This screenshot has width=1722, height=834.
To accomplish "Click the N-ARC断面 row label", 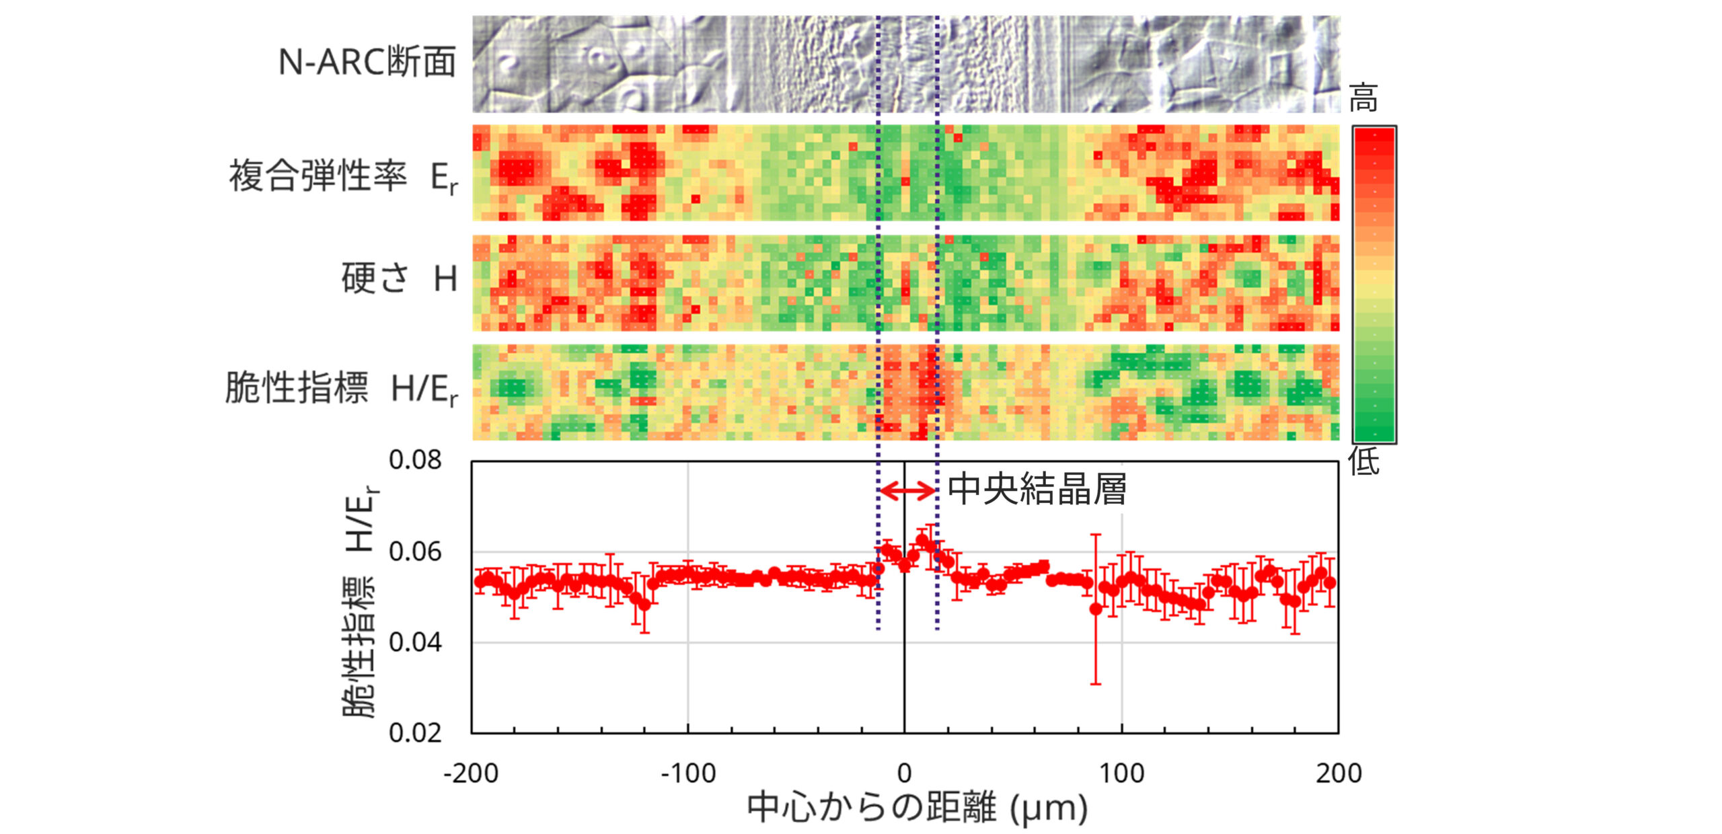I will pyautogui.click(x=367, y=63).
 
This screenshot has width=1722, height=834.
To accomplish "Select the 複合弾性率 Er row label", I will pyautogui.click(x=344, y=177).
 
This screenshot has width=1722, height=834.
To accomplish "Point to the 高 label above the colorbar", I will pyautogui.click(x=1363, y=98).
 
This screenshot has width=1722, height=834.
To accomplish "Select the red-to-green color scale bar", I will pyautogui.click(x=1374, y=285).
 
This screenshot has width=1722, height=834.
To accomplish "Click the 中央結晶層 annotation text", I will pyautogui.click(x=1037, y=489).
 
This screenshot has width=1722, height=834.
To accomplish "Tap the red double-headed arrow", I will pyautogui.click(x=907, y=491).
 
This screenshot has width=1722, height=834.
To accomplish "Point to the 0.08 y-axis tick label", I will pyautogui.click(x=415, y=460).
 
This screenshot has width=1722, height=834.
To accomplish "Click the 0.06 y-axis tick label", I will pyautogui.click(x=415, y=552).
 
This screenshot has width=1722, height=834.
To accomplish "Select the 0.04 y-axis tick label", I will pyautogui.click(x=415, y=642).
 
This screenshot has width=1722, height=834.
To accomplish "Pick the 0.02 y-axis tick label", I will pyautogui.click(x=415, y=732).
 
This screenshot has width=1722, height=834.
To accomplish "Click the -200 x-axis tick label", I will pyautogui.click(x=471, y=773).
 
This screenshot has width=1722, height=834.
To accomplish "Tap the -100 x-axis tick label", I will pyautogui.click(x=688, y=773).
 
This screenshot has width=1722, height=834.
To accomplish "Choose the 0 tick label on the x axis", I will pyautogui.click(x=905, y=773).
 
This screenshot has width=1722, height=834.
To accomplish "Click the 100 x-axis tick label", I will pyautogui.click(x=1121, y=773).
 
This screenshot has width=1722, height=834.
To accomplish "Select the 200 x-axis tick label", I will pyautogui.click(x=1339, y=773).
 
